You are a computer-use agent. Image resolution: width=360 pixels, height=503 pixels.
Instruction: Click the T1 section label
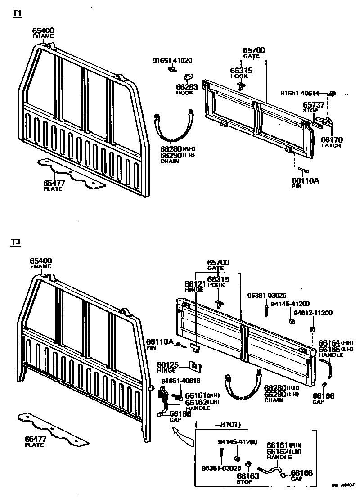click(17, 13)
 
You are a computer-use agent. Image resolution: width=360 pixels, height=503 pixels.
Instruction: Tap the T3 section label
click(16, 243)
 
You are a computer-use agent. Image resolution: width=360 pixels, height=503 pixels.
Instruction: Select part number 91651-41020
click(172, 60)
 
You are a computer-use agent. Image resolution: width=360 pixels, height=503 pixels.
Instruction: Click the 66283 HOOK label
click(184, 90)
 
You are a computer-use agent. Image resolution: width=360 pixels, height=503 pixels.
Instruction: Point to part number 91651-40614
click(300, 94)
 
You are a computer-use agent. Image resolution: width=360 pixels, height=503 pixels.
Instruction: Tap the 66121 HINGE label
click(195, 287)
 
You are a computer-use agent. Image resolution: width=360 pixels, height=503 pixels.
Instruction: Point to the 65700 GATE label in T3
click(218, 265)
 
